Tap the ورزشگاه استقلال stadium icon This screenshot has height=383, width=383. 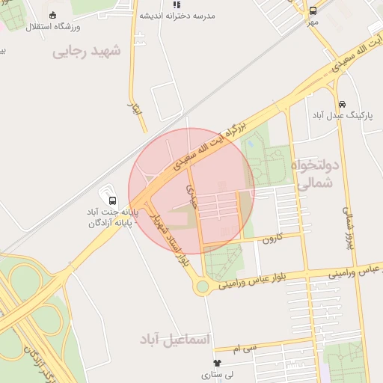[52, 15]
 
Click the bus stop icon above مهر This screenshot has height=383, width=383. [313, 10]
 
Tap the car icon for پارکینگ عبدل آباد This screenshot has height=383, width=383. [342, 103]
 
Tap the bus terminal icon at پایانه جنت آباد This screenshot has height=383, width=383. [112, 200]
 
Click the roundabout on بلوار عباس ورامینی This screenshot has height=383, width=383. [202, 287]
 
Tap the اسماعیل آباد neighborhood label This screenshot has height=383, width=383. [176, 339]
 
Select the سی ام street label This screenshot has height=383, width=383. [244, 349]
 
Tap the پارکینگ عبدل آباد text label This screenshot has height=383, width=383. [340, 115]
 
